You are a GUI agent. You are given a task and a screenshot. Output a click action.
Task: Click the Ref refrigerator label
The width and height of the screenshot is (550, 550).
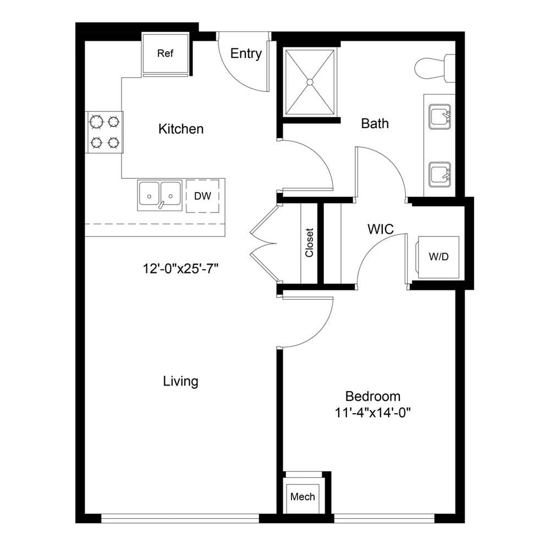pos(165,53)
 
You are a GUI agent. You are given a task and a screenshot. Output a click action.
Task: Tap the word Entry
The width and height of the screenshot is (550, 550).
pos(246,53)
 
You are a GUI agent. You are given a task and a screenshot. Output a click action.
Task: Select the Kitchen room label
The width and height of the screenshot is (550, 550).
pos(180,129)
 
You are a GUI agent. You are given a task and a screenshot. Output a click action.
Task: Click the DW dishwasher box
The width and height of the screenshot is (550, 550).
pos(202,196)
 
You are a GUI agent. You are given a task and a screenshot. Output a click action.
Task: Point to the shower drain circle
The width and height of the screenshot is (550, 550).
pos(310,82)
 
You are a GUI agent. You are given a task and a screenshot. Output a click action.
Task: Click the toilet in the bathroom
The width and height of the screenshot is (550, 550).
pos(435,68)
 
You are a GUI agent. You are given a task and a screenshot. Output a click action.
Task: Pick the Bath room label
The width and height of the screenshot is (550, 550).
pos(375,123)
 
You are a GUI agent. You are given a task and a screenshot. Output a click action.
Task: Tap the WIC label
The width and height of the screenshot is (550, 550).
pos(381,229)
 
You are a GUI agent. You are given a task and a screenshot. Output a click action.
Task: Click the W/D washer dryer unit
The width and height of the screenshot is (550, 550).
pos(438,257)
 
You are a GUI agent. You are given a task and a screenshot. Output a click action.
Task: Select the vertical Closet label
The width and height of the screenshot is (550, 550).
pos(309,243)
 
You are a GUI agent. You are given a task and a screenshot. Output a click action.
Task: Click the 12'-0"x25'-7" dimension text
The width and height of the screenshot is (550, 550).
pos(180,269)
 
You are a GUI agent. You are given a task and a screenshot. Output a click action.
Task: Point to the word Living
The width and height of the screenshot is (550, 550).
pos(180,381)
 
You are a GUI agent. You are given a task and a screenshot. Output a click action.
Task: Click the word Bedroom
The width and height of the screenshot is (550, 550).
pos(373,397)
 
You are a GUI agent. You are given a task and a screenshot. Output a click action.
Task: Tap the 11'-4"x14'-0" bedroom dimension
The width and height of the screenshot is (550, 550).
pos(372,413)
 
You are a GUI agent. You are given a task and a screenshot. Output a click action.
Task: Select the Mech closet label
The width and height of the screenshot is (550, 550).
pos(302,497)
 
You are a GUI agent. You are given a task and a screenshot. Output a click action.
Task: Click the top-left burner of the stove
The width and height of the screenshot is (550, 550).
pos(96,122)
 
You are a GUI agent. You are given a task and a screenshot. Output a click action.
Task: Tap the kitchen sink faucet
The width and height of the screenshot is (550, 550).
pos(161,205)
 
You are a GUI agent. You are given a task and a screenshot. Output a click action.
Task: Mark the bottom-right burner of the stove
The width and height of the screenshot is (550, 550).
pos(114,143)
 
